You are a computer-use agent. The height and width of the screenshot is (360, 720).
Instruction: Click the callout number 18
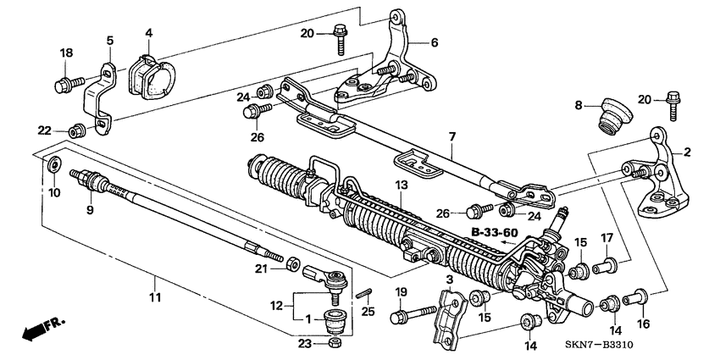click(66, 53)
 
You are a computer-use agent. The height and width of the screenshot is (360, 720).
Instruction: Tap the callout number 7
click(451, 136)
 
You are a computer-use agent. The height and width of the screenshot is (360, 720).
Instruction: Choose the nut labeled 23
click(335, 342)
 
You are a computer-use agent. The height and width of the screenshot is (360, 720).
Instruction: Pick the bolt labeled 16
click(635, 297)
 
